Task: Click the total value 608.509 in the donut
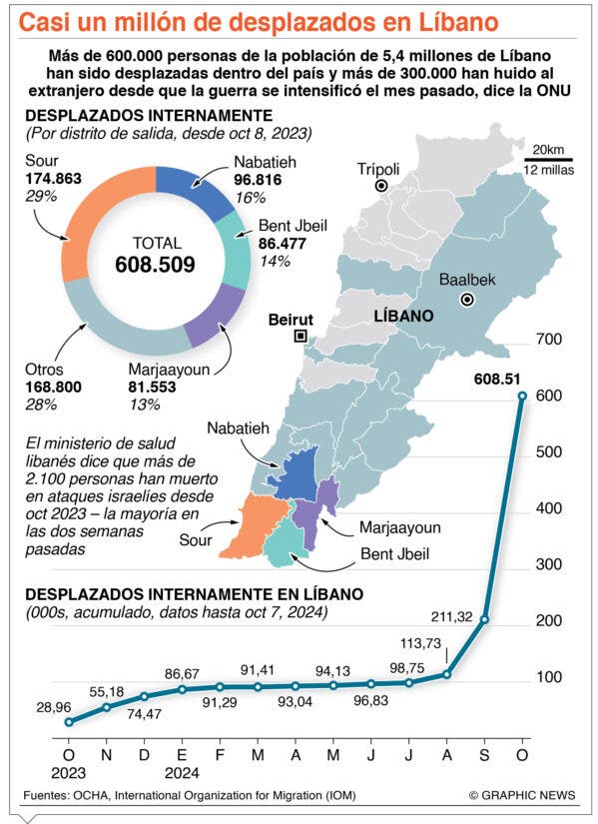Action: pyautogui.click(x=155, y=264)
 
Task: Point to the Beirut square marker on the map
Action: pyautogui.click(x=300, y=337)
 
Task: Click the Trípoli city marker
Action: pyautogui.click(x=381, y=186)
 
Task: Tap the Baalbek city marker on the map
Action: pyautogui.click(x=466, y=300)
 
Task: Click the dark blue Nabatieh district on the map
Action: pyautogui.click(x=295, y=473)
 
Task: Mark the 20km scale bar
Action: pyautogui.click(x=549, y=159)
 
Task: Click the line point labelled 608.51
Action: pyautogui.click(x=522, y=396)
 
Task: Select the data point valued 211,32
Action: pyautogui.click(x=484, y=619)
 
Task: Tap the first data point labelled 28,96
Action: pyautogui.click(x=68, y=722)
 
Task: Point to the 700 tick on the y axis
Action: pyautogui.click(x=549, y=340)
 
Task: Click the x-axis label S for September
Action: pyautogui.click(x=484, y=755)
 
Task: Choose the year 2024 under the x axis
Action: pyautogui.click(x=182, y=773)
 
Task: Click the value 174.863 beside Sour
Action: pyautogui.click(x=54, y=179)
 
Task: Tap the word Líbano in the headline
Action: pyautogui.click(x=458, y=23)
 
